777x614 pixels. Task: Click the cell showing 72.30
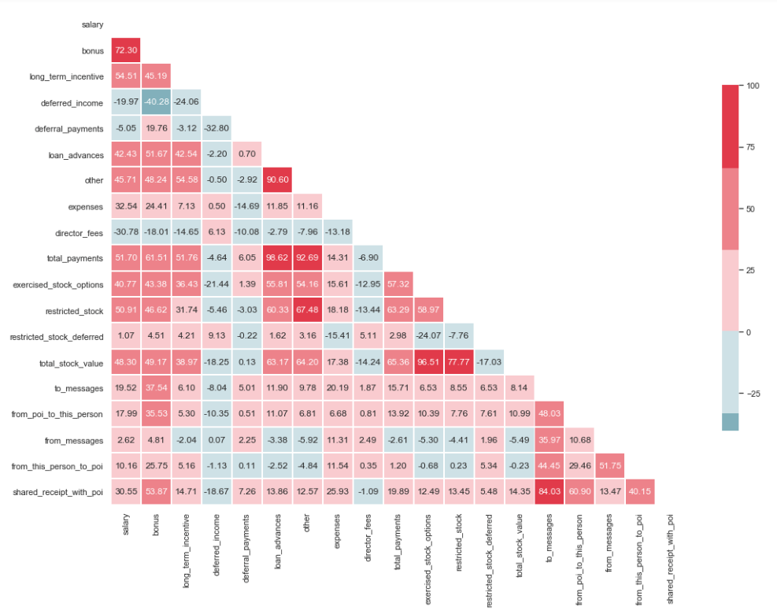[x=126, y=50]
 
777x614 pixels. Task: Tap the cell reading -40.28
[x=156, y=102]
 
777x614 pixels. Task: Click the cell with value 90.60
[x=277, y=180]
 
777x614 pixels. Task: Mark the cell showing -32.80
[x=216, y=128]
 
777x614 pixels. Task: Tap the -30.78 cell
[x=126, y=231]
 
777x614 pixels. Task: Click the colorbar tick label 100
[x=753, y=85]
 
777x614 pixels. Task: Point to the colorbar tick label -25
[x=754, y=394]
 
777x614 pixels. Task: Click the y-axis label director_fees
[x=76, y=232]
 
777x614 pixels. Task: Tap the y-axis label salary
[x=92, y=25]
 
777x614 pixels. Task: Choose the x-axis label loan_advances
[x=277, y=543]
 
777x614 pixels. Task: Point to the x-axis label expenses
[x=338, y=534]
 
